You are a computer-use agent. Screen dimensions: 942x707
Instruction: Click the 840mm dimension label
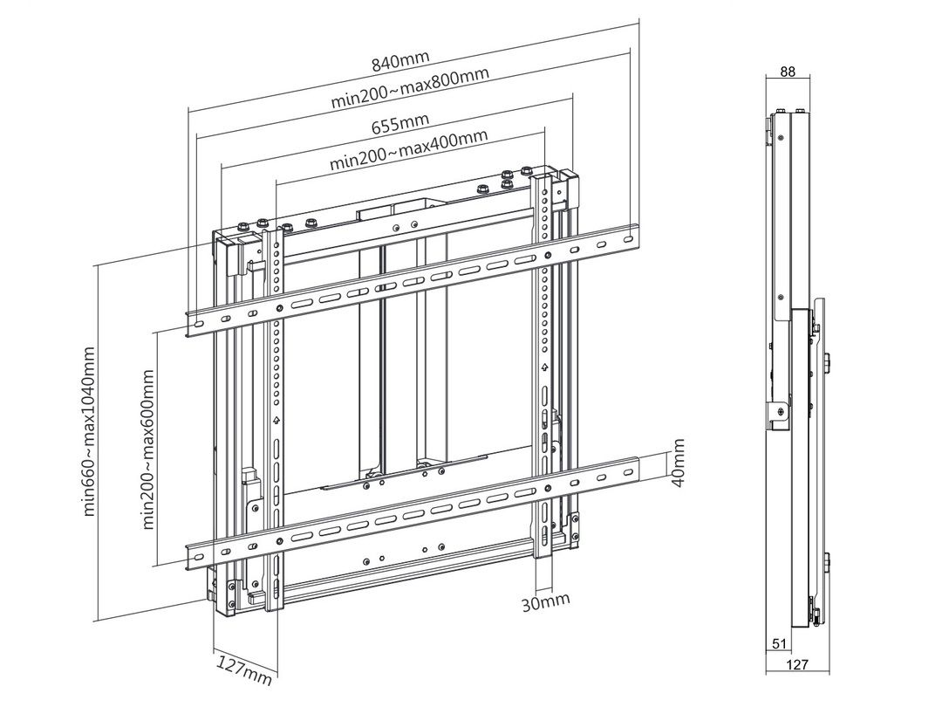400,61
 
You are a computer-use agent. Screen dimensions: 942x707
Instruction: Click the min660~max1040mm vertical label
88,430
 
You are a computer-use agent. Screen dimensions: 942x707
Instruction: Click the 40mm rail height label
678,463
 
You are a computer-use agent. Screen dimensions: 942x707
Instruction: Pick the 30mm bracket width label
545,601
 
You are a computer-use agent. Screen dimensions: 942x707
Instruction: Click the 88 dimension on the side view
787,72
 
